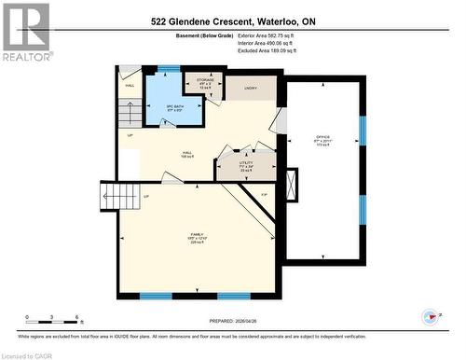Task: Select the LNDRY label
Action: pyautogui.click(x=250, y=89)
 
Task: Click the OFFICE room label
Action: pyautogui.click(x=322, y=141)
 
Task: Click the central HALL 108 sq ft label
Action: pyautogui.click(x=186, y=154)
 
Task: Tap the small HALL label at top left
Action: pyautogui.click(x=130, y=85)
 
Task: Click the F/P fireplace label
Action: pyautogui.click(x=264, y=194)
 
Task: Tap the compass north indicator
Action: pyautogui.click(x=430, y=317)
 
